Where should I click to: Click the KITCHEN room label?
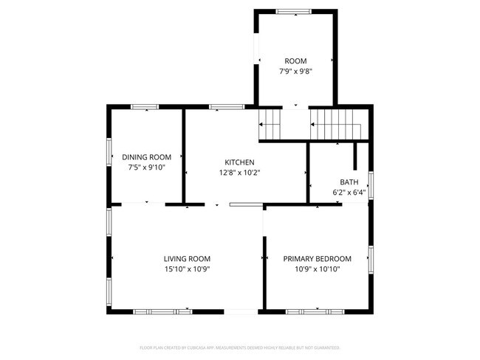[x=240, y=162]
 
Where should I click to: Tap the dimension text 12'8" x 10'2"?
[x=240, y=173]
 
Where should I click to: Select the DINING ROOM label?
[x=146, y=157]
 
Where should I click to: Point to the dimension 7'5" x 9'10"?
[x=146, y=167]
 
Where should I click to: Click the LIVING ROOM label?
[x=187, y=259]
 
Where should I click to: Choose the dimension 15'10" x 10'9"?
[x=187, y=269]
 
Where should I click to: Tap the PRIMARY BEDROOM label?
[x=318, y=259]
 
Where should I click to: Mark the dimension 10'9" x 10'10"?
[x=318, y=269]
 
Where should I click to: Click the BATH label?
[x=349, y=182]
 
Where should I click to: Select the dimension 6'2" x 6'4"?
[x=349, y=193]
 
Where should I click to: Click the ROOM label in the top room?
[x=295, y=61]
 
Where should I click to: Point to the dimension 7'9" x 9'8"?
[x=295, y=72]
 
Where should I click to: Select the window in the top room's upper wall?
[x=294, y=11]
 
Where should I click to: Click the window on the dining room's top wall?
[x=145, y=108]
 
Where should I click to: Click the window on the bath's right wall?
[x=371, y=185]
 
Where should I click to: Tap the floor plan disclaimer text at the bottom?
[x=239, y=347]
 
